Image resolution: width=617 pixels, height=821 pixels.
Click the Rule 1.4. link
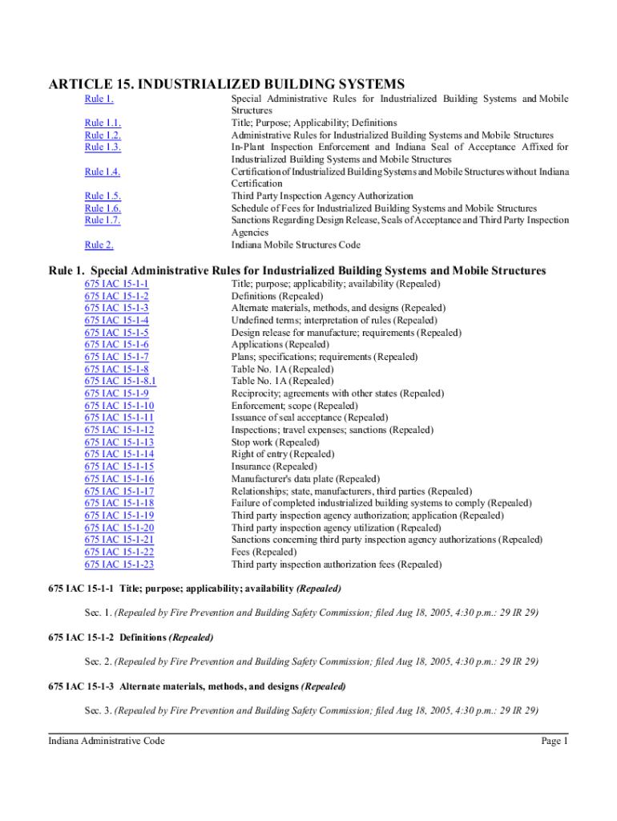(103, 172)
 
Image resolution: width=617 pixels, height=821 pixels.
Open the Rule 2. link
(99, 245)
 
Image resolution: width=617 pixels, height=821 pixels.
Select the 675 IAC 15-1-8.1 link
(120, 381)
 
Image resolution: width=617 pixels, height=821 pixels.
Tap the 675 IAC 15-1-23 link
(119, 564)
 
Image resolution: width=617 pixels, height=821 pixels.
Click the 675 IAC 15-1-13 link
(119, 442)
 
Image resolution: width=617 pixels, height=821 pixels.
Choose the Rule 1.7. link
(103, 220)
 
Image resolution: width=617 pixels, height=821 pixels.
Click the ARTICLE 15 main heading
(226, 83)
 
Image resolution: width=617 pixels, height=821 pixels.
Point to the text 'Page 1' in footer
(554, 742)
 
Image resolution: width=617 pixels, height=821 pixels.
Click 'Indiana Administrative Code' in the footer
(107, 742)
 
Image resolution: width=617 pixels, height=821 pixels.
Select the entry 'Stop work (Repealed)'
(275, 442)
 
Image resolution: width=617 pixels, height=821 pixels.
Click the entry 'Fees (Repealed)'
(263, 552)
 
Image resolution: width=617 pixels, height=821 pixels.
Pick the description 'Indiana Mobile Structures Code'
(296, 245)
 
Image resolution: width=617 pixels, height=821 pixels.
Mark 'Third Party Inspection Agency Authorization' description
(322, 196)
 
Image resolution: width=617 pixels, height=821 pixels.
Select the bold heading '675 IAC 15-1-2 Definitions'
(131, 637)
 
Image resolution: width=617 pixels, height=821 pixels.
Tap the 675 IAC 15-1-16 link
(119, 479)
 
